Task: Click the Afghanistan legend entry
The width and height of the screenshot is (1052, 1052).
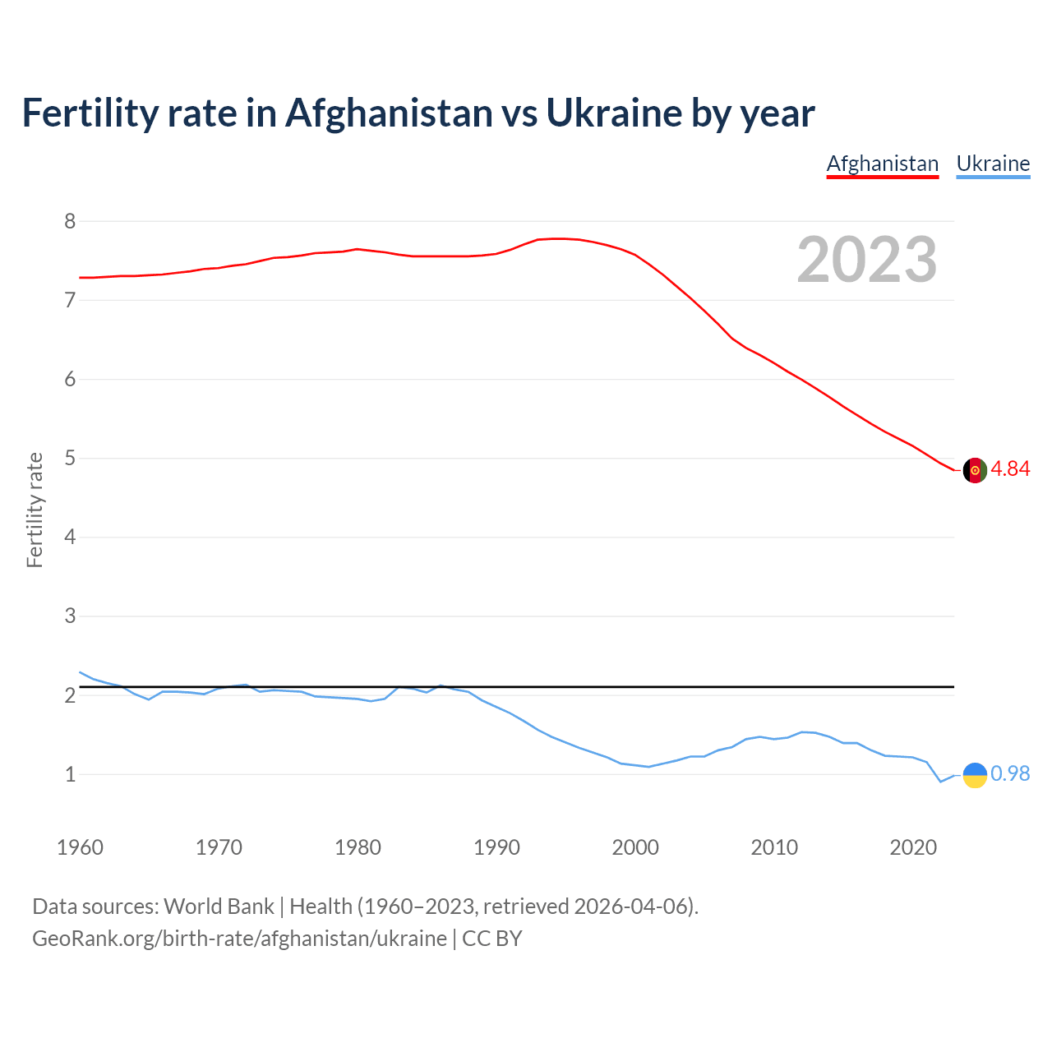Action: pos(882,164)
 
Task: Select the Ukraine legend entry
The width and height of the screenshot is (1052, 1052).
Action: pos(993,164)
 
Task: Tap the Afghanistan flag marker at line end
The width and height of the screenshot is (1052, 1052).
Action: pos(975,470)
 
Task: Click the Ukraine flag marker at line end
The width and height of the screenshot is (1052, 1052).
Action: pos(975,774)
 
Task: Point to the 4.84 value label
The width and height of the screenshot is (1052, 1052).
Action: pos(1010,468)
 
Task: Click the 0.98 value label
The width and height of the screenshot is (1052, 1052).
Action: pos(1010,773)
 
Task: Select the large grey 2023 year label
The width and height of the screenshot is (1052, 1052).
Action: pos(867,260)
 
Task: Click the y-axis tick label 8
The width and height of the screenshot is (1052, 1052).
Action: pos(70,221)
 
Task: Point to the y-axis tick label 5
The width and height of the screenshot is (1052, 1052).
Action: pos(70,458)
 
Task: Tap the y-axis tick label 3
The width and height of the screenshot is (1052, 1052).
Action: pos(70,616)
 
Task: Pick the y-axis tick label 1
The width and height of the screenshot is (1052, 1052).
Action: pos(70,774)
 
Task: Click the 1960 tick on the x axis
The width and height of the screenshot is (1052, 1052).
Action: pos(80,847)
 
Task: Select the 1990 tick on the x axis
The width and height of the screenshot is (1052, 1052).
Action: pos(496,847)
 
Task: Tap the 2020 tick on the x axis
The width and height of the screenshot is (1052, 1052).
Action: pos(913,847)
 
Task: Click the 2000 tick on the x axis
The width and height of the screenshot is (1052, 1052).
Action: pos(635,847)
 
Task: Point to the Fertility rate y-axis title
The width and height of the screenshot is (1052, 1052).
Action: pos(35,510)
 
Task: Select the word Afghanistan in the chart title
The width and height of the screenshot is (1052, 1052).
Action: pos(388,113)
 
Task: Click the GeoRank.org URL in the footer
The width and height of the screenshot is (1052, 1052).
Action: pos(239,939)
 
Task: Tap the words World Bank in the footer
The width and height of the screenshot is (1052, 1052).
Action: pos(219,906)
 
